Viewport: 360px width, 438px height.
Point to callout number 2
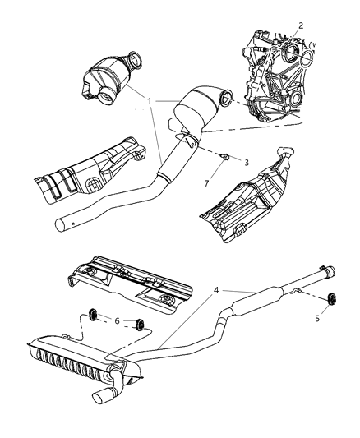pos(301,25)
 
